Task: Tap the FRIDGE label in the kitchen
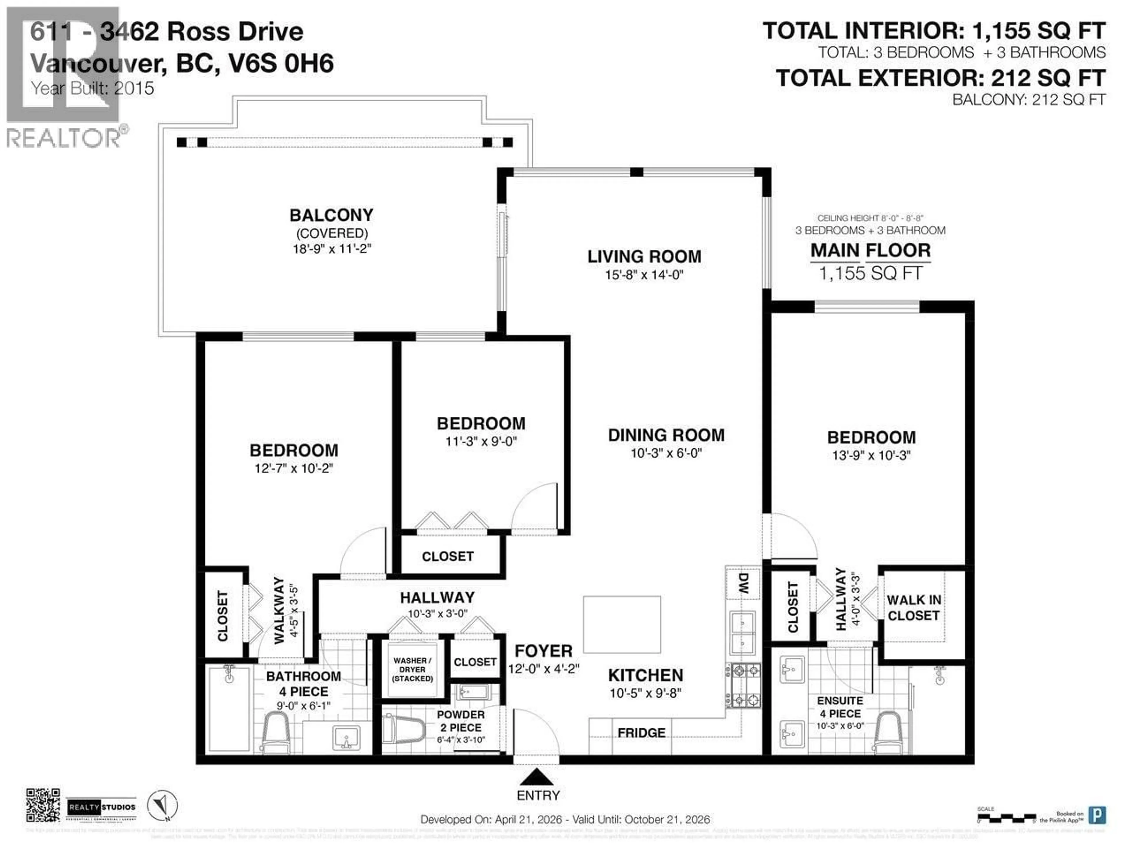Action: pos(641,733)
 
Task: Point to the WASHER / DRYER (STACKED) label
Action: pos(412,670)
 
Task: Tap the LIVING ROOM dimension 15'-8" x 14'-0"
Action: pos(644,275)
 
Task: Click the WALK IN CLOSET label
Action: pos(914,608)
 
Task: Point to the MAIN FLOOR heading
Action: pos(870,251)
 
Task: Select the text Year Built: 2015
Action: pos(92,88)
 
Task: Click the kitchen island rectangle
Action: pos(622,624)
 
